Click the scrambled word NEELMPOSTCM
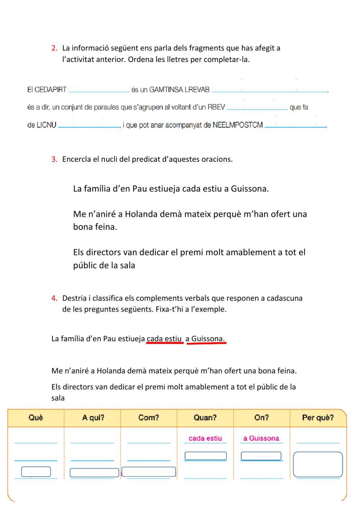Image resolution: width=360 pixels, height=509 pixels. (x=238, y=125)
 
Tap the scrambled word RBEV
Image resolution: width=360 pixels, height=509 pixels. (x=216, y=107)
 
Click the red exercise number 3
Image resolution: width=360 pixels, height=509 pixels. (x=54, y=159)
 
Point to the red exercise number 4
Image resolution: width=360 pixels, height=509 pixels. (x=54, y=298)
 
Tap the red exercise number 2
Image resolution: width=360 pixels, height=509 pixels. (x=54, y=48)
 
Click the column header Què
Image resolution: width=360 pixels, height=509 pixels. (x=36, y=418)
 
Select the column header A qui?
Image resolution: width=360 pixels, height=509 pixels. (x=93, y=418)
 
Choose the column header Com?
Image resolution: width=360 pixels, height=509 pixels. (x=149, y=418)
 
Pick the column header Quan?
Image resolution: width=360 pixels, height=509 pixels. (x=205, y=418)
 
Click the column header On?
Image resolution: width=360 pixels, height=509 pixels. (x=261, y=418)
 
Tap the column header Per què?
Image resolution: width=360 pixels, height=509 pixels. (x=318, y=418)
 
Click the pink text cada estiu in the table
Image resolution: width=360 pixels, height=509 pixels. (x=205, y=438)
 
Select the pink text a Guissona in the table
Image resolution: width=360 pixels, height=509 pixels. (x=261, y=438)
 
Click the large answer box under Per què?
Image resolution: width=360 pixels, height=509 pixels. (x=318, y=464)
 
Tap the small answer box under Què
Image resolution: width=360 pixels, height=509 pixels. (x=36, y=472)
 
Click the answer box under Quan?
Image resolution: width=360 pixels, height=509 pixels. (x=206, y=456)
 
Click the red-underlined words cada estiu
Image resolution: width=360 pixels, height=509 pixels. (x=165, y=339)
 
